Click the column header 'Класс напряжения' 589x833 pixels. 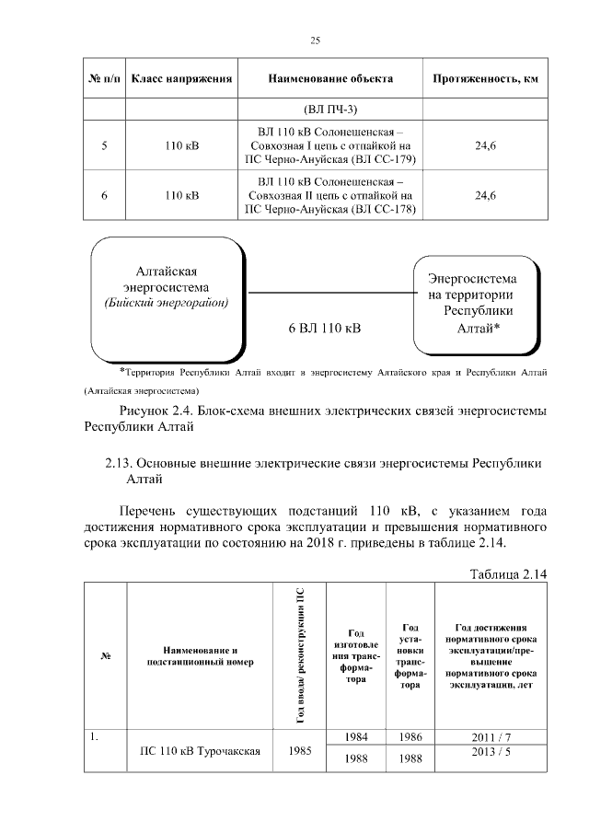tap(181, 78)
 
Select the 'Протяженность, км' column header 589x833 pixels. tap(485, 78)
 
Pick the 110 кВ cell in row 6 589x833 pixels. tap(181, 195)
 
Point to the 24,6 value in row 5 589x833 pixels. tap(485, 145)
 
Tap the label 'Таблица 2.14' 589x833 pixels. tap(509, 574)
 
